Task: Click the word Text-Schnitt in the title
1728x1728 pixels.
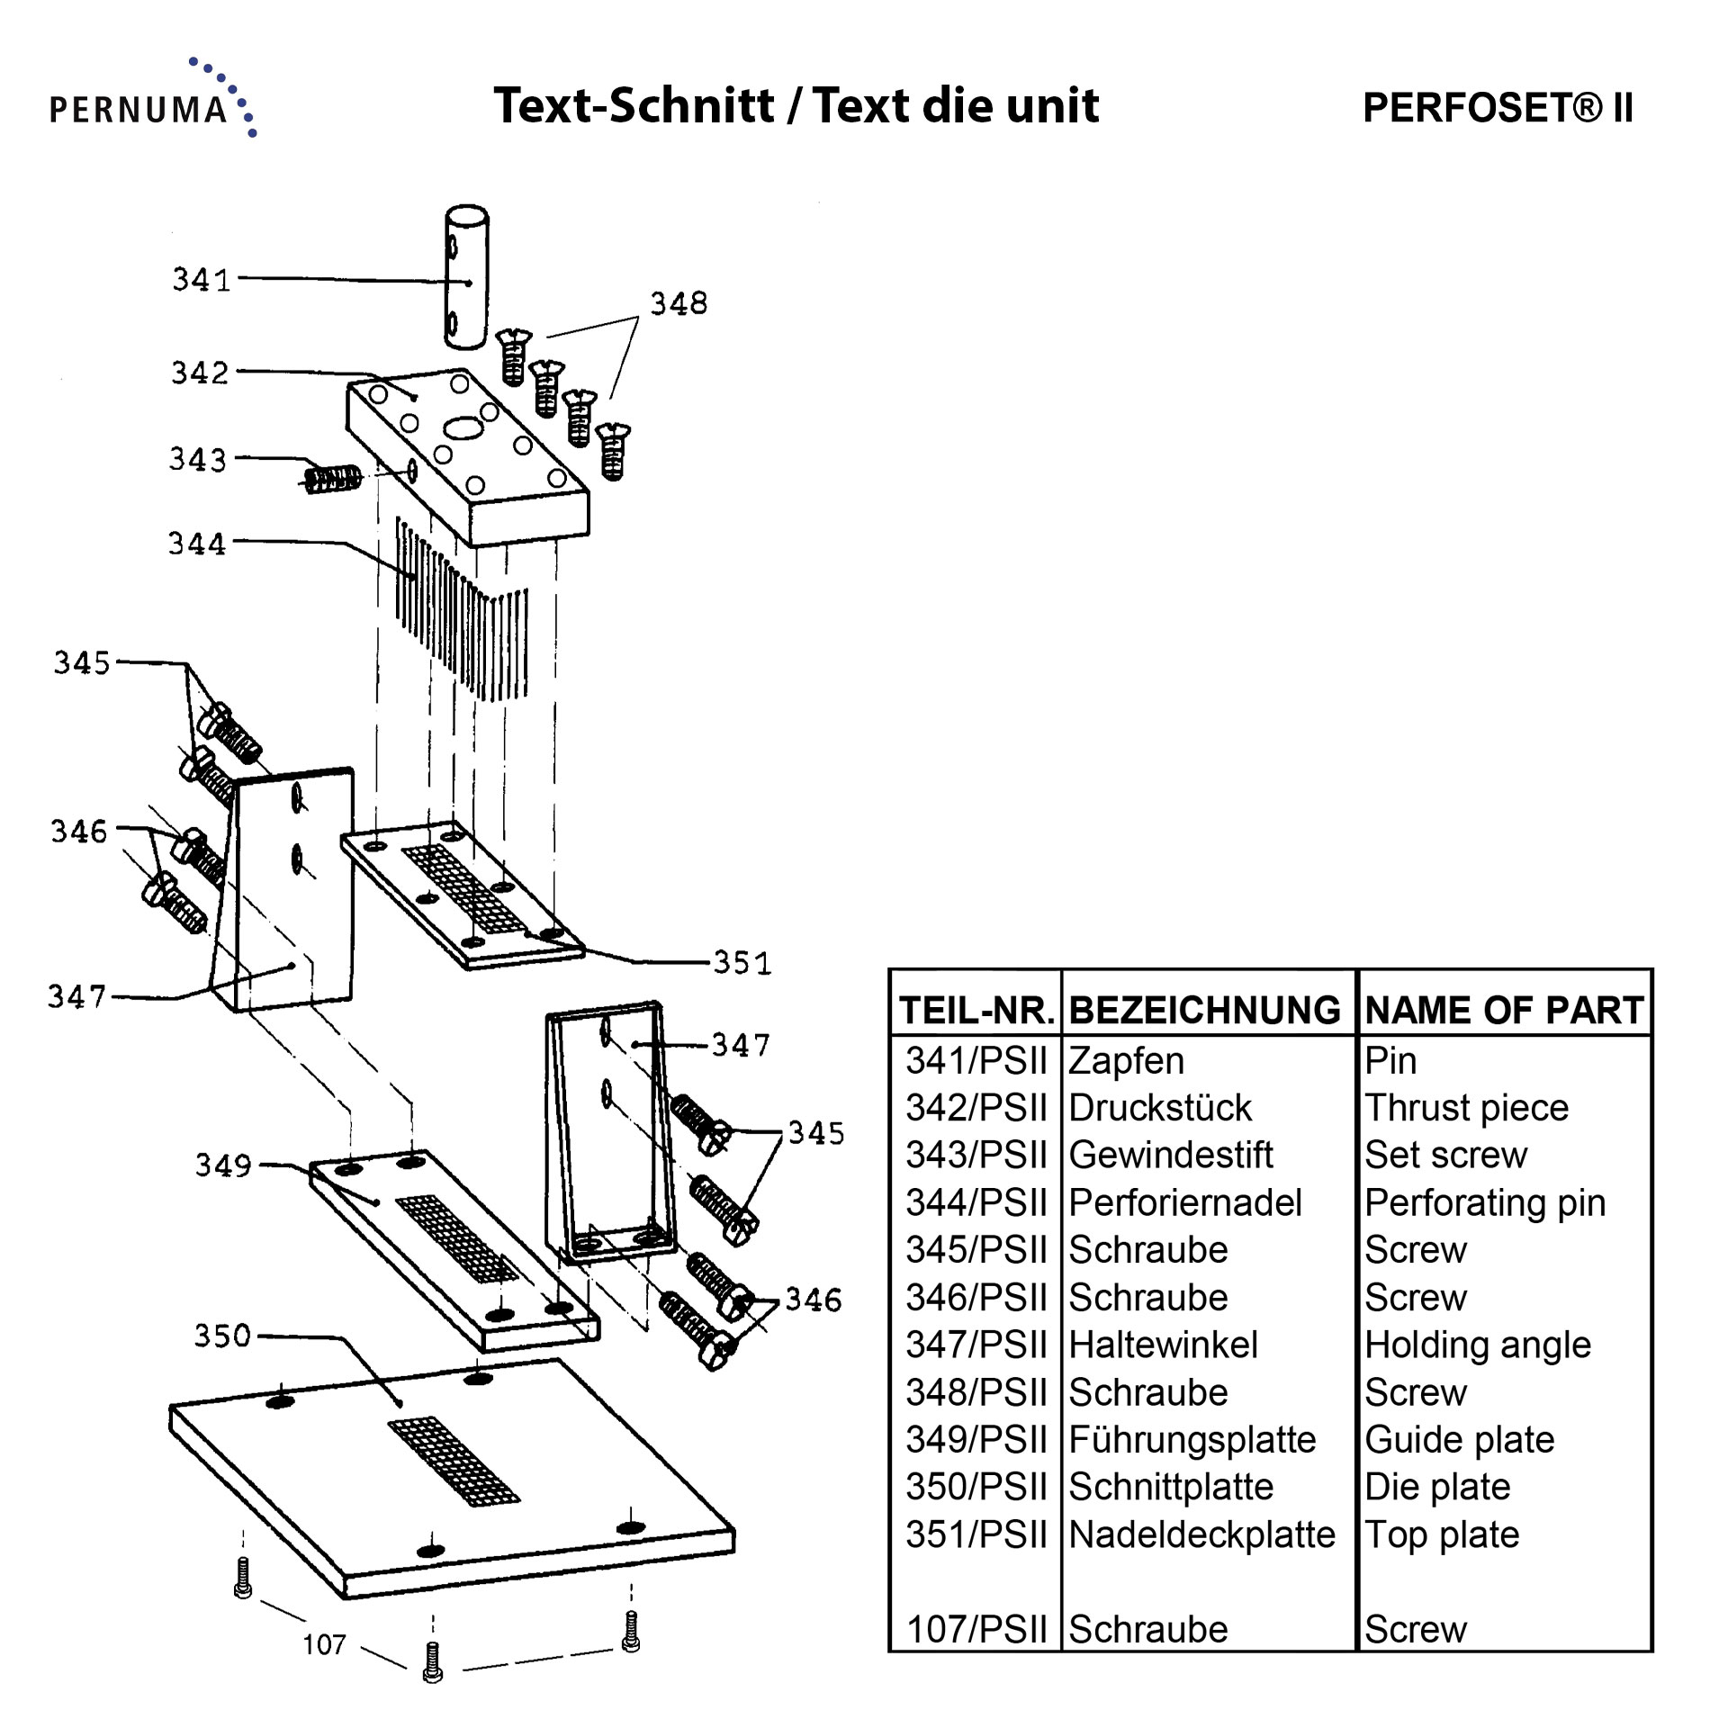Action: pos(634,106)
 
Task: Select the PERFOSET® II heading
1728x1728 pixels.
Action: pos(1498,108)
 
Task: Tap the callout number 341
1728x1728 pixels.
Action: pos(202,280)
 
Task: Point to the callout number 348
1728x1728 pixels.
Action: pos(679,304)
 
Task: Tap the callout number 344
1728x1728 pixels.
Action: pos(197,544)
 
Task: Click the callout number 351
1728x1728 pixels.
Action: pos(742,963)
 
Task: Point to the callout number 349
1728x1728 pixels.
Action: pos(223,1165)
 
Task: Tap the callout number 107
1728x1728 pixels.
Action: pos(324,1644)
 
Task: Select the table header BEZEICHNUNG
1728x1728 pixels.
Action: pos(1204,1010)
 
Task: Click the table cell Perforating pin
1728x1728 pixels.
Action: pos(1484,1202)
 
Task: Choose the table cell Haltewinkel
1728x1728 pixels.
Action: pos(1163,1345)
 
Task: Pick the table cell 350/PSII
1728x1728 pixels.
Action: pos(976,1487)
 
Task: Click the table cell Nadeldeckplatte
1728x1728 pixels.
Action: pos(1201,1534)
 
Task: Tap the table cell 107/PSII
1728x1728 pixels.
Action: pos(976,1629)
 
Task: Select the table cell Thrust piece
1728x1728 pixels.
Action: pos(1466,1108)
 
